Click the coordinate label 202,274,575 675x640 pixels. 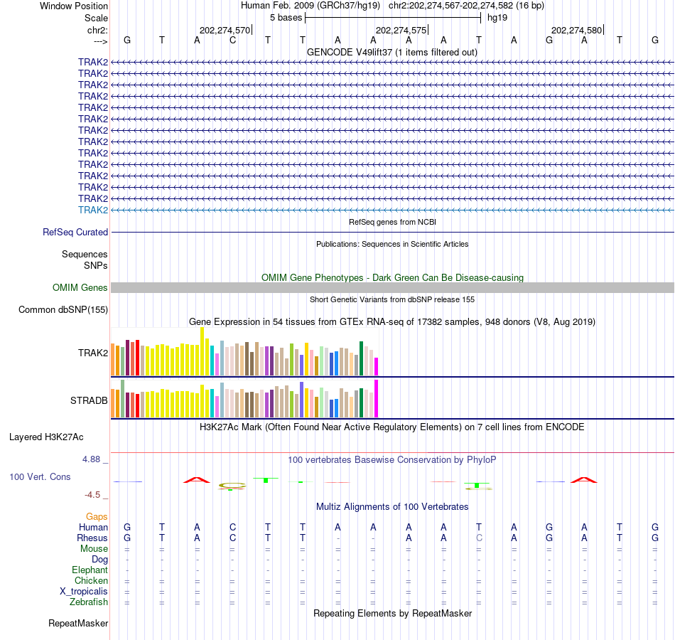pyautogui.click(x=401, y=31)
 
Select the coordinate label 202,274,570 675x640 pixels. pyautogui.click(x=225, y=31)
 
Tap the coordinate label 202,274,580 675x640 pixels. pyautogui.click(x=576, y=31)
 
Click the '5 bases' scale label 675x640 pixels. pyautogui.click(x=286, y=17)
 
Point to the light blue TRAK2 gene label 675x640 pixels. pyautogui.click(x=93, y=210)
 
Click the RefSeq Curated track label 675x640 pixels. pyautogui.click(x=75, y=232)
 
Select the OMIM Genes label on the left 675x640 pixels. pyautogui.click(x=80, y=287)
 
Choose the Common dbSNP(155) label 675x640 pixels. pyautogui.click(x=63, y=309)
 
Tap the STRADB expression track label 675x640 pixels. pyautogui.click(x=89, y=400)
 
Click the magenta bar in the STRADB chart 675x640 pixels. pyautogui.click(x=377, y=399)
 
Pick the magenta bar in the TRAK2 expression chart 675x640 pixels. pyautogui.click(x=377, y=366)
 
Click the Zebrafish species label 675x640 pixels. pyautogui.click(x=89, y=602)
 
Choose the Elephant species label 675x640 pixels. pyautogui.click(x=90, y=570)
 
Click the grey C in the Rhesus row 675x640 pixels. pyautogui.click(x=479, y=538)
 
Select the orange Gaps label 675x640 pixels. pyautogui.click(x=97, y=516)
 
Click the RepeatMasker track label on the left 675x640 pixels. pyautogui.click(x=78, y=624)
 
